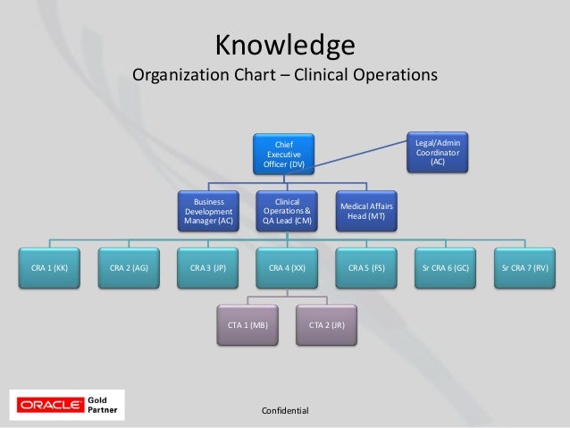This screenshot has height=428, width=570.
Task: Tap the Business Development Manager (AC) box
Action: tap(209, 211)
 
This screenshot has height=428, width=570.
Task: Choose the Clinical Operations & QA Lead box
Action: tap(287, 211)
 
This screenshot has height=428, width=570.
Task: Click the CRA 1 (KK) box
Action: tap(48, 266)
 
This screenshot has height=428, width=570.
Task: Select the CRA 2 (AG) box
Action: tap(129, 266)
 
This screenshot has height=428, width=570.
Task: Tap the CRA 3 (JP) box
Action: tap(208, 266)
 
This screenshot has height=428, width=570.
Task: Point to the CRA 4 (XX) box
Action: tap(287, 266)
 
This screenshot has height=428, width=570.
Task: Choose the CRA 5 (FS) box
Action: tap(365, 266)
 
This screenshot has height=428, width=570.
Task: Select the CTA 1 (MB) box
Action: tap(247, 325)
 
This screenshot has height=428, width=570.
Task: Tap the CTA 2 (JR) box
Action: tap(326, 325)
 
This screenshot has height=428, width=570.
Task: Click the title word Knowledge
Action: tap(285, 45)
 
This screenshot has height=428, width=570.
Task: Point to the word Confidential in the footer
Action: tap(285, 410)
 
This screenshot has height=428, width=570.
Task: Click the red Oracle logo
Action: tap(47, 405)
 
